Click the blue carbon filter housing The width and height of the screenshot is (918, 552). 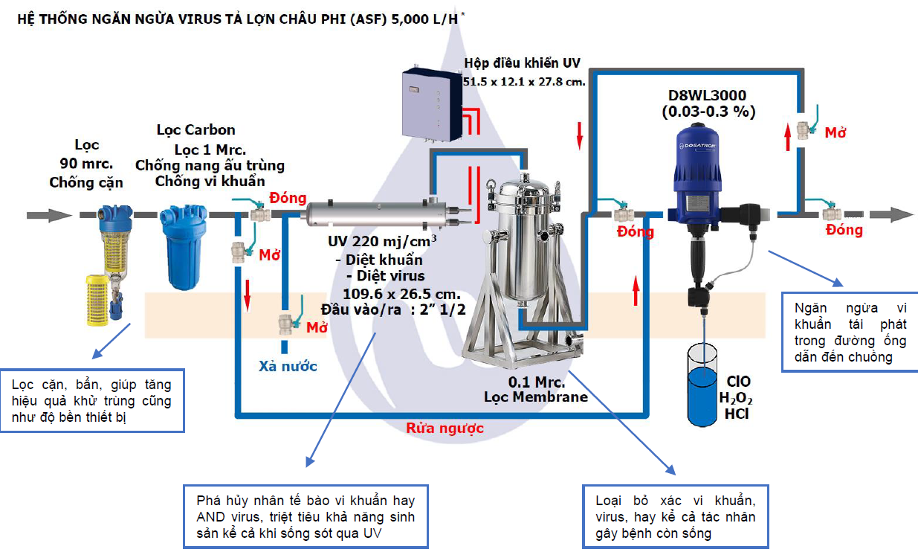coord(178,242)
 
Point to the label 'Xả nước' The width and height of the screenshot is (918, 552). coord(288,366)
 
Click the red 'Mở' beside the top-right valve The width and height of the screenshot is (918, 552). coord(836,133)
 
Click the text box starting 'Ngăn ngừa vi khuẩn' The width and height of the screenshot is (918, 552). coord(847,332)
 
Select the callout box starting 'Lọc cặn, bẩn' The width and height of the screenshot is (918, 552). coord(92,400)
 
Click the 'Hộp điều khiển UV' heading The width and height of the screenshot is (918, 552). coord(522,63)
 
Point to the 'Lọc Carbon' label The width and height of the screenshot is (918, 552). coord(195,130)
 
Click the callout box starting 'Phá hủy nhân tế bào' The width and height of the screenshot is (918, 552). coord(306,516)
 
